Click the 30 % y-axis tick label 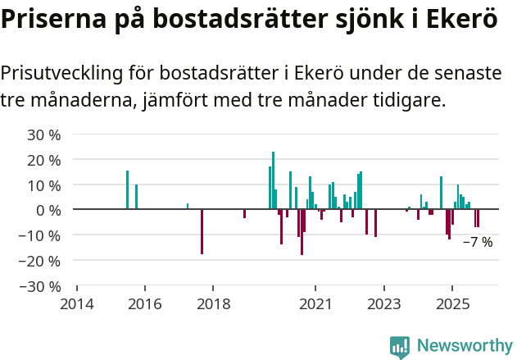pos(44,134)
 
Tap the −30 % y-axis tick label pos(41,286)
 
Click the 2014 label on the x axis pos(77,303)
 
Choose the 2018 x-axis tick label pos(213,303)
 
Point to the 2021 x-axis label pos(315,303)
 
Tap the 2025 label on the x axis pos(452,303)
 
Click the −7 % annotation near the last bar pos(478,242)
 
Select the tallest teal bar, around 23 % pos(273,180)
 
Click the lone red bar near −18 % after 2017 pos(202,231)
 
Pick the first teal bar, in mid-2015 pos(127,189)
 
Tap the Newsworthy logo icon pos(400,347)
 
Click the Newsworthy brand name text pos(464,346)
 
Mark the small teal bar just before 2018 pos(188,206)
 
